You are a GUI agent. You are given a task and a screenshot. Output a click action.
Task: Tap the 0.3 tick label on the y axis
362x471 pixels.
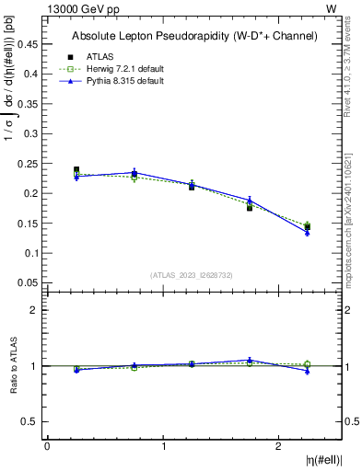31,133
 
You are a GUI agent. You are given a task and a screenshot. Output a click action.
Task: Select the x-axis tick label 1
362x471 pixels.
164,446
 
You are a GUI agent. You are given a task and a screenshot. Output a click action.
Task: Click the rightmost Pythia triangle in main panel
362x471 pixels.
308,233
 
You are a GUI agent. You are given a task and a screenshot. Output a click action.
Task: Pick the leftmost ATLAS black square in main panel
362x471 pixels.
76,170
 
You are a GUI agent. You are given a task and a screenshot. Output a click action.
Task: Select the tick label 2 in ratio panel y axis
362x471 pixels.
34,311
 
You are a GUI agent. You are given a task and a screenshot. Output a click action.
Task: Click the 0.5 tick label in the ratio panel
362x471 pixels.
31,421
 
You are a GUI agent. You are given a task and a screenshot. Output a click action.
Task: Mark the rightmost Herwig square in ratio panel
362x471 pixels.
308,364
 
